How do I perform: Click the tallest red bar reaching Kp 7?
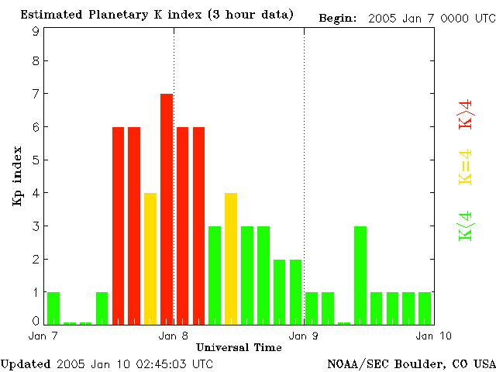click(x=166, y=208)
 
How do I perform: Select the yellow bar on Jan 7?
click(x=150, y=257)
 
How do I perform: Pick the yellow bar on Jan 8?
click(x=230, y=257)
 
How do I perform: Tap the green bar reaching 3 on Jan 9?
click(x=360, y=274)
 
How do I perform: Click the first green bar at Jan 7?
click(x=53, y=307)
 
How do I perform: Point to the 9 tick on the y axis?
click(x=36, y=31)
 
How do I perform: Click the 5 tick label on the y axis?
click(x=36, y=160)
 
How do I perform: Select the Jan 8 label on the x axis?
click(x=173, y=336)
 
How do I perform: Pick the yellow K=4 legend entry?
click(x=466, y=167)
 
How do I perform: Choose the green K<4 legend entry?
click(x=466, y=226)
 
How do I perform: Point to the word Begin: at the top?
click(x=337, y=17)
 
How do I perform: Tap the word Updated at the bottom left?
click(x=26, y=363)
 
